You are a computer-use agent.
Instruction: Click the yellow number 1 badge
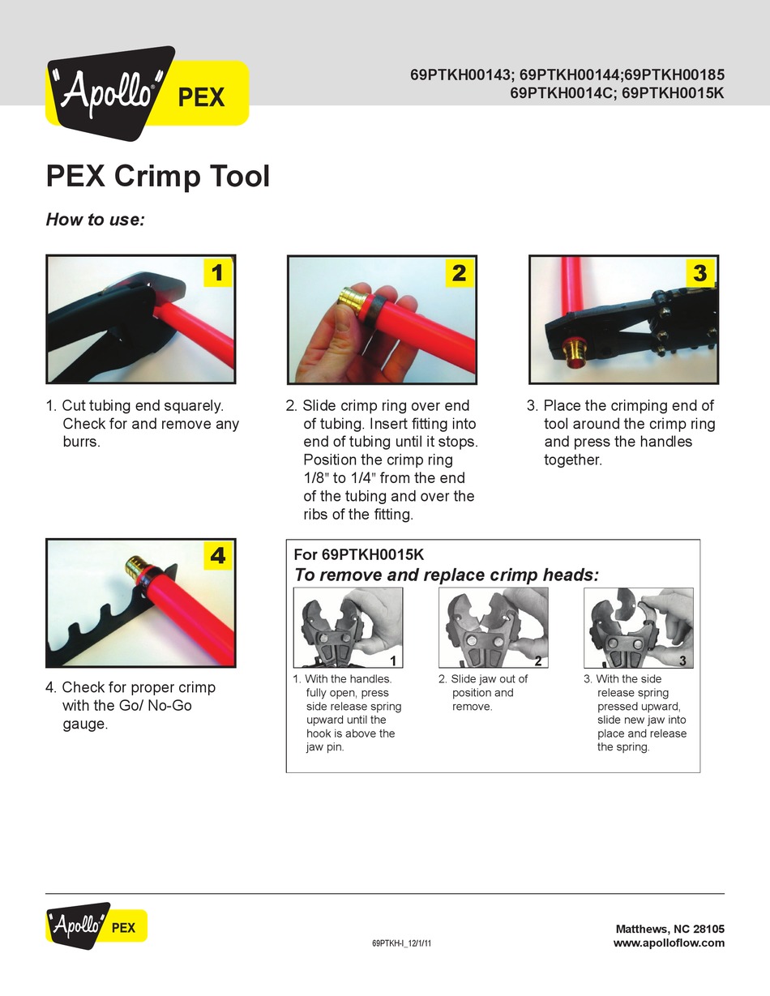(x=217, y=272)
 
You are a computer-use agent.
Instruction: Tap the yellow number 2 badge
(x=460, y=273)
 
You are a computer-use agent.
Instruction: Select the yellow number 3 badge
(x=699, y=273)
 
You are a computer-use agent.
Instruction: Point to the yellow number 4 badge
(x=217, y=555)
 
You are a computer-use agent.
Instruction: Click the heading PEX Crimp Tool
(x=158, y=176)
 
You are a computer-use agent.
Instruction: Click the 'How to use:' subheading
(x=96, y=220)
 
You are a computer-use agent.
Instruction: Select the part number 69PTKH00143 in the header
(x=460, y=75)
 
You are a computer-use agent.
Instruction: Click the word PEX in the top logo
(x=201, y=97)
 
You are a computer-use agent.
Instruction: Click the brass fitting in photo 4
(x=139, y=567)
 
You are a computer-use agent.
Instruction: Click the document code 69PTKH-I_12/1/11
(x=401, y=943)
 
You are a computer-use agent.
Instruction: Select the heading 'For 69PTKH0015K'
(x=359, y=554)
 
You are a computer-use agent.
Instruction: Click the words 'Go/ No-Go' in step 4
(x=155, y=705)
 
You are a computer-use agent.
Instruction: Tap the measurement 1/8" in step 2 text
(x=316, y=478)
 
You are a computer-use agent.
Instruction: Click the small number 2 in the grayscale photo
(x=538, y=660)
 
